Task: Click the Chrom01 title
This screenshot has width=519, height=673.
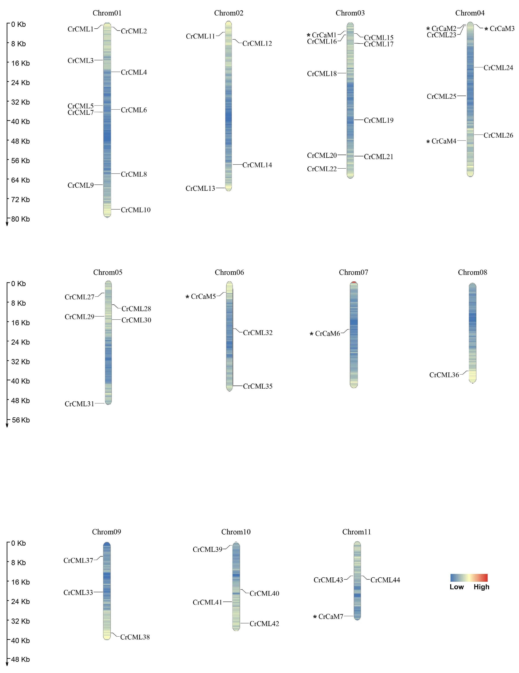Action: (x=107, y=13)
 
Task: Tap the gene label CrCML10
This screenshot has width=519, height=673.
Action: (x=135, y=210)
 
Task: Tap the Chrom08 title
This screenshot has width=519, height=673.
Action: (x=472, y=272)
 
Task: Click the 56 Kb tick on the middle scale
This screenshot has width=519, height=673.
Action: (x=21, y=420)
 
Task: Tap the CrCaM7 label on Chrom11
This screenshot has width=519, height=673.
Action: (x=330, y=617)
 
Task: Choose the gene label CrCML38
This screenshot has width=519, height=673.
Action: (x=135, y=637)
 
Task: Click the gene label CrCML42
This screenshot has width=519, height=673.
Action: (x=264, y=624)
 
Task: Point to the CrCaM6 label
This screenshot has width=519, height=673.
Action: (x=327, y=334)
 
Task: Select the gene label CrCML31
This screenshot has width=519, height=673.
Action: (x=79, y=404)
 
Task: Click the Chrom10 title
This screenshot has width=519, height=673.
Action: (x=236, y=532)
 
